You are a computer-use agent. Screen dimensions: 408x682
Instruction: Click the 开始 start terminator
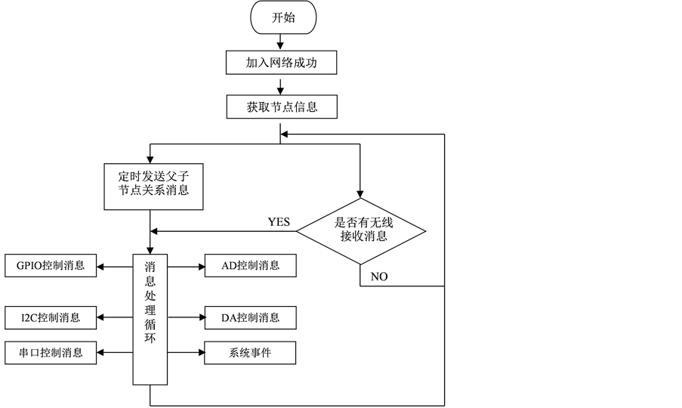pyautogui.click(x=283, y=19)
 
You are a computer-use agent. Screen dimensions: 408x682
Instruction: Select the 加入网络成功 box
pyautogui.click(x=281, y=63)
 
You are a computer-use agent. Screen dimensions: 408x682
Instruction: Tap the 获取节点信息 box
pyautogui.click(x=281, y=107)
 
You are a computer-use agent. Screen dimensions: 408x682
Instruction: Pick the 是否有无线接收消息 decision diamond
pyautogui.click(x=360, y=230)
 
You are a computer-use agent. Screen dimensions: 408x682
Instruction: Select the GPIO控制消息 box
pyautogui.click(x=51, y=266)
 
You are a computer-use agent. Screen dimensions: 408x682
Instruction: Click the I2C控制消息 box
pyautogui.click(x=51, y=317)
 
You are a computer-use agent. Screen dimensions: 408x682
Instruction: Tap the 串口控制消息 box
pyautogui.click(x=51, y=353)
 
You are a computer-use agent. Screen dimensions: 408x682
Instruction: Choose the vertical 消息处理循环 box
pyautogui.click(x=150, y=319)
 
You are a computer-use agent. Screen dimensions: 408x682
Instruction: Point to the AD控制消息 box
pyautogui.click(x=250, y=266)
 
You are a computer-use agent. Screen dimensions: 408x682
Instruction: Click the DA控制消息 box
pyautogui.click(x=250, y=318)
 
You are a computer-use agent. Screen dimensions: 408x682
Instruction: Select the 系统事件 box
pyautogui.click(x=250, y=353)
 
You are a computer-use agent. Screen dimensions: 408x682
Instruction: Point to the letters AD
pyautogui.click(x=230, y=266)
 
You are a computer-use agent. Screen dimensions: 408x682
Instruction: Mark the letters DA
pyautogui.click(x=230, y=318)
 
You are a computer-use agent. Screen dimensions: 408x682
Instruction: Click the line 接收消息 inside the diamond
pyautogui.click(x=360, y=236)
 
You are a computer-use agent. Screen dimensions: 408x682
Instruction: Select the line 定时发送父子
pyautogui.click(x=153, y=176)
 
